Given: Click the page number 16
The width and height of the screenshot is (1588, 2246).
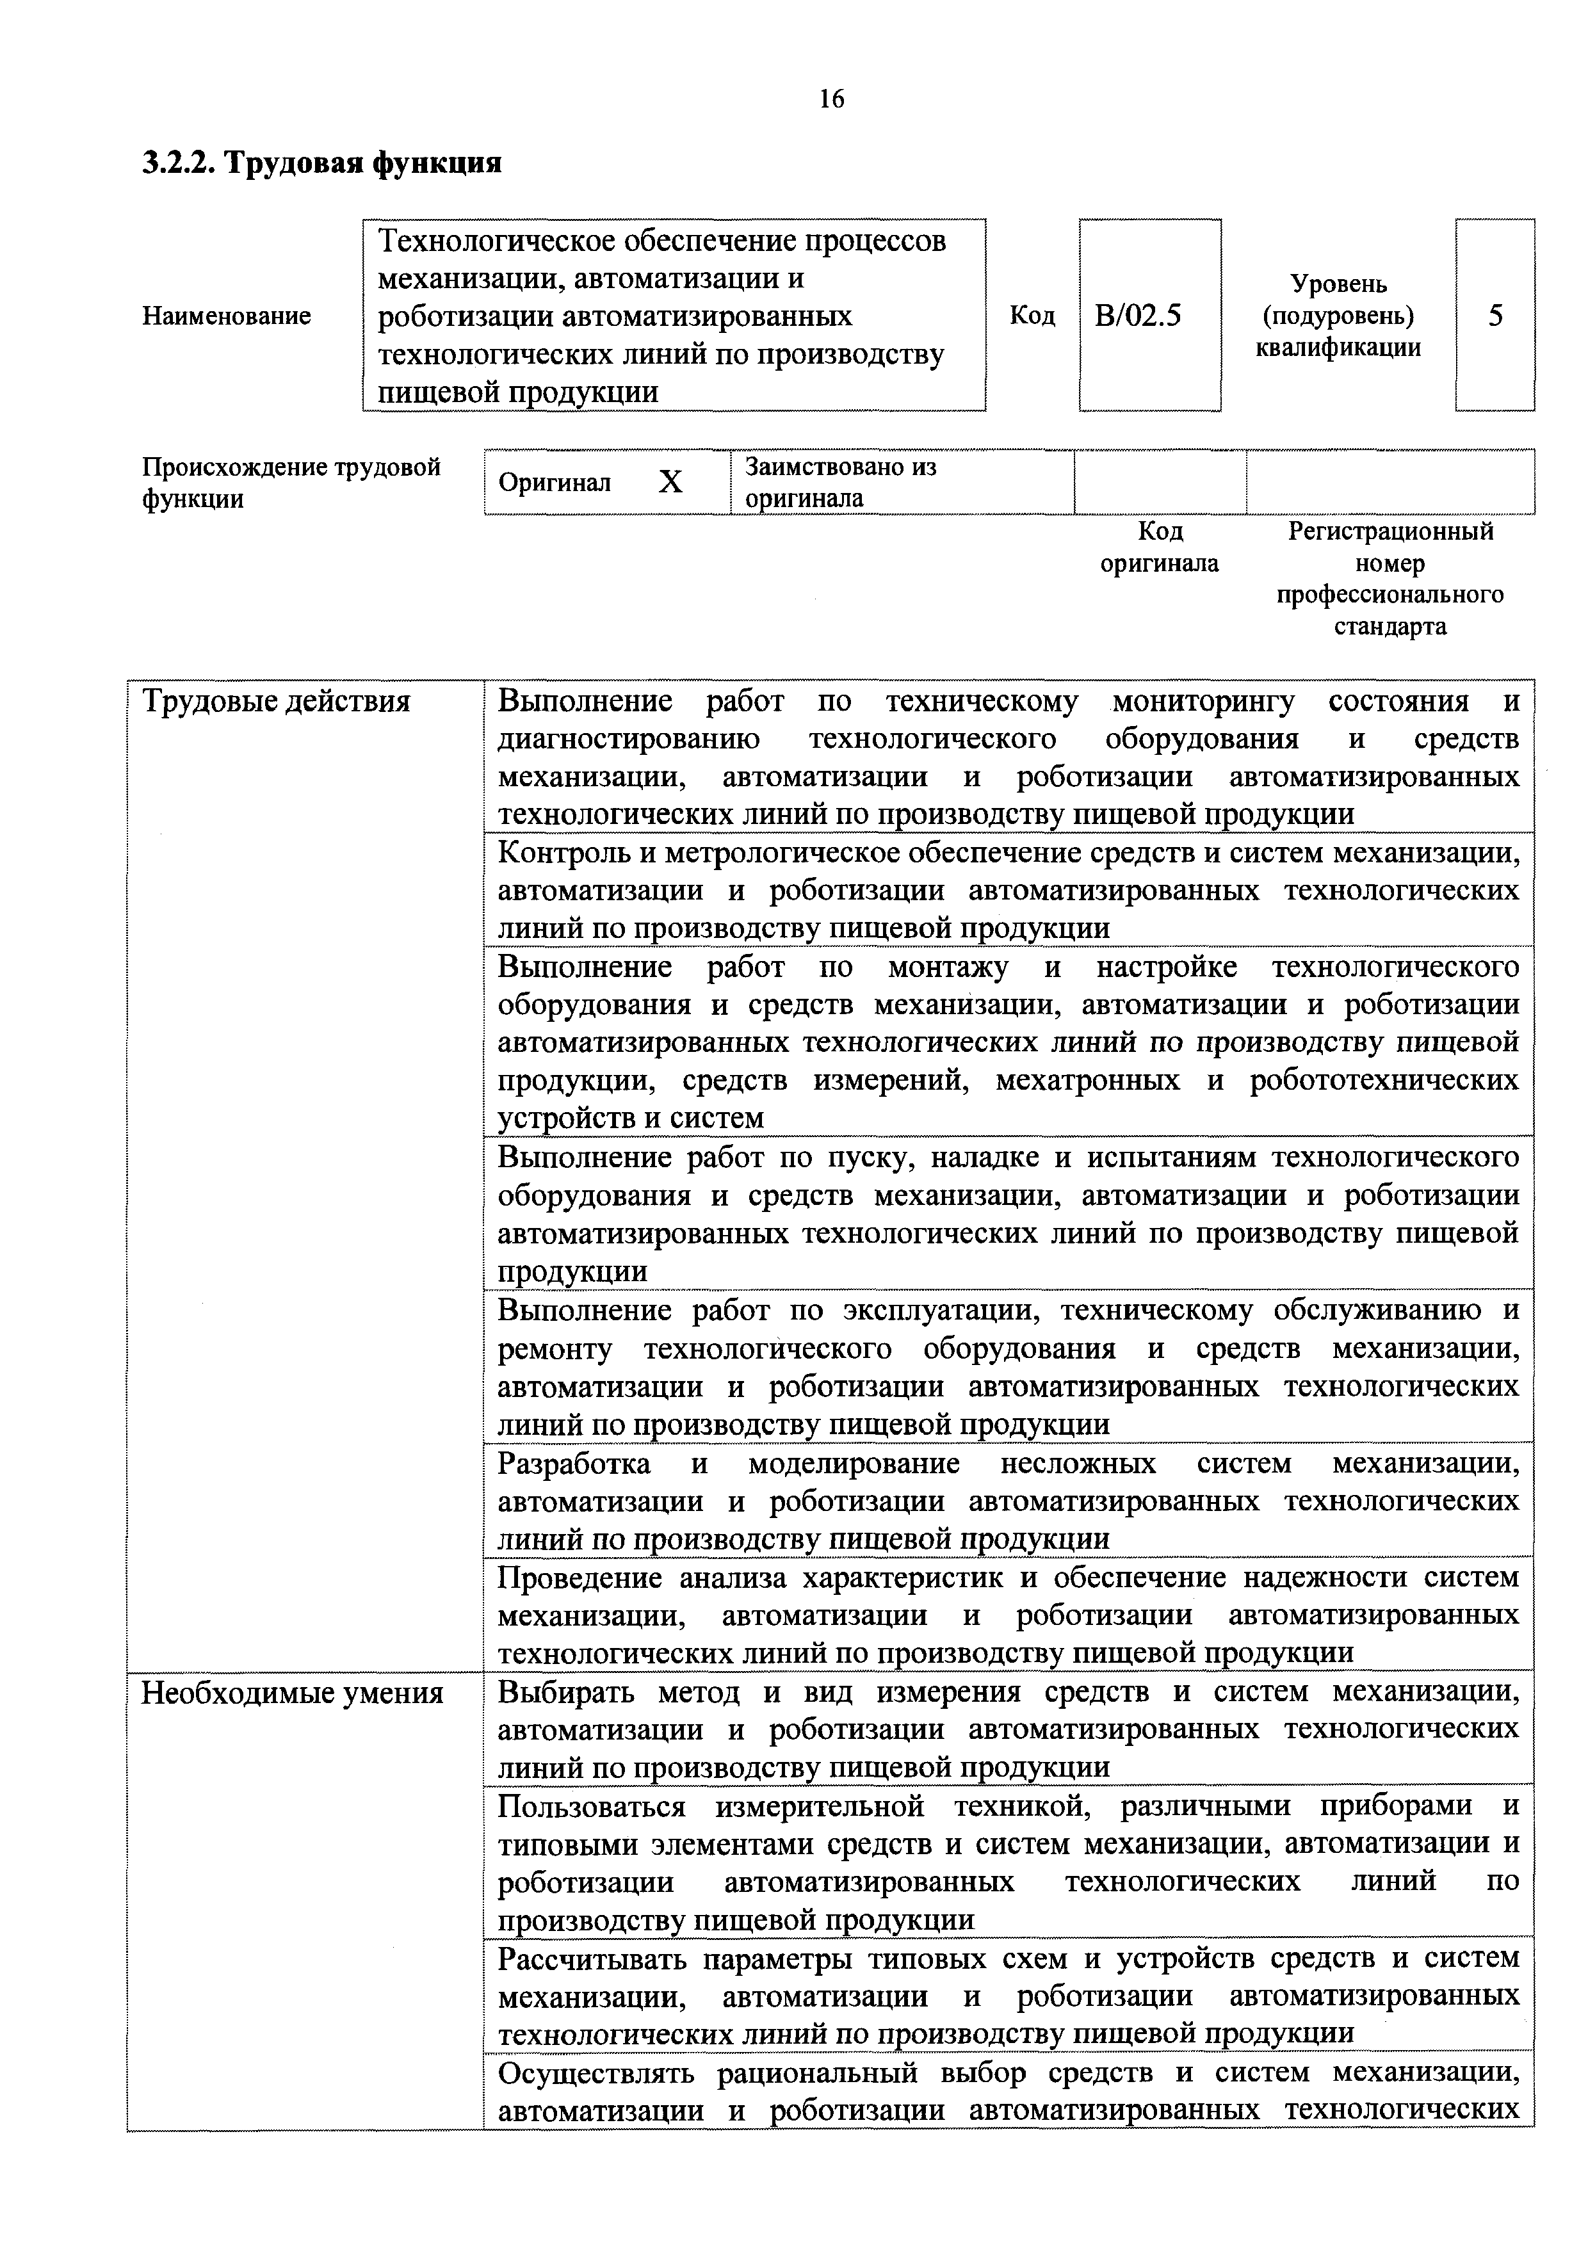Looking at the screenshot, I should click(x=832, y=99).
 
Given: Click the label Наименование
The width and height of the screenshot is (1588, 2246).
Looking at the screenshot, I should click(x=227, y=316).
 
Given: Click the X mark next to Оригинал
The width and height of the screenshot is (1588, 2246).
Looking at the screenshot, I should click(x=670, y=482).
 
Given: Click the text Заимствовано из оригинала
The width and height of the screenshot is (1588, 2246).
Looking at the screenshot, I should click(x=841, y=482).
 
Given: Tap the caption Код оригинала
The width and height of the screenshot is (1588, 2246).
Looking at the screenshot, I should click(x=1160, y=548).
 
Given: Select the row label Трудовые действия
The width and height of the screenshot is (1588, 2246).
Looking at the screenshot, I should click(x=276, y=701).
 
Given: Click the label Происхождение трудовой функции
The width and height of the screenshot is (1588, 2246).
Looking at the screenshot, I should click(x=291, y=482).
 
